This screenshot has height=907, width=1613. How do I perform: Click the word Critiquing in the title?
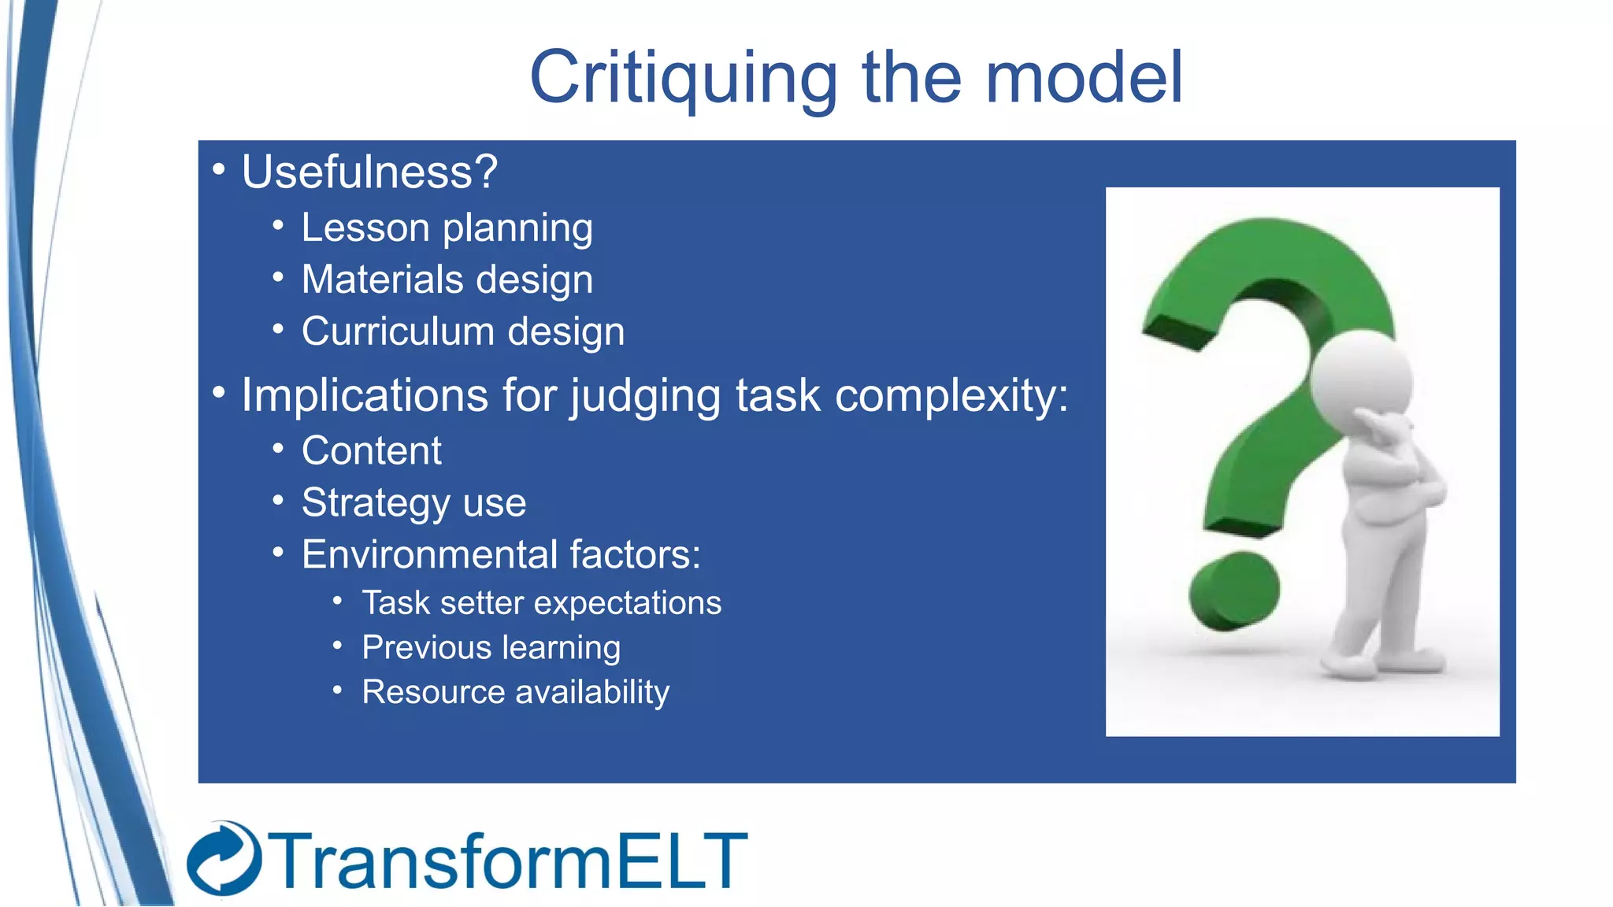coord(682,79)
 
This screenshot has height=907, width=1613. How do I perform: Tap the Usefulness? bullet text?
coord(369,172)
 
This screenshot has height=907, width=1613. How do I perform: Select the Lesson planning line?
coord(447,228)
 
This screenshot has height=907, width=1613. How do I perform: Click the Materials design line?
coord(447,280)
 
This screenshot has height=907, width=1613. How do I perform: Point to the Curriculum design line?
coord(462,331)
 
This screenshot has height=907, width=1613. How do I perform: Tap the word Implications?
coord(364,395)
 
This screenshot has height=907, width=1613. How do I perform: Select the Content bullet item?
coord(371,451)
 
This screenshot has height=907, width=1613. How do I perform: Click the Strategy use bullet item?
coord(413,503)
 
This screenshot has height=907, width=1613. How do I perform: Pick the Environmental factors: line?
coord(501,554)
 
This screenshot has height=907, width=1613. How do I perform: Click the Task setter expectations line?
coord(541,603)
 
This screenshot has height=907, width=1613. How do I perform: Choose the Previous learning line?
coord(491,648)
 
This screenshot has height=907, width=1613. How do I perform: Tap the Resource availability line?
coord(515,692)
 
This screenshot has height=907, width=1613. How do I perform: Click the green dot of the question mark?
coord(1233,591)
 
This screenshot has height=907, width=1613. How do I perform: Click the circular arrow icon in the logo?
coord(224,859)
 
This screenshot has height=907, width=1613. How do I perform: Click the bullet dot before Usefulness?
coord(219,168)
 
